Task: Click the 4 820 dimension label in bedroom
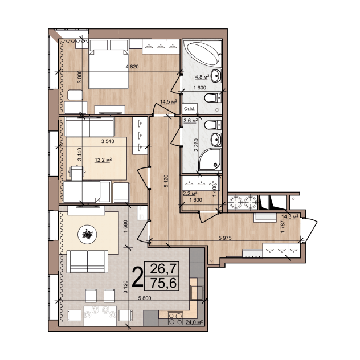pyautogui.click(x=132, y=67)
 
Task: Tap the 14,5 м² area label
pyautogui.click(x=168, y=101)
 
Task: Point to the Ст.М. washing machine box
pyautogui.click(x=190, y=109)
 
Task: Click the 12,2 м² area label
pyautogui.click(x=103, y=160)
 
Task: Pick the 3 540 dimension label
pyautogui.click(x=108, y=141)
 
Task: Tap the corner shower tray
pyautogui.click(x=210, y=159)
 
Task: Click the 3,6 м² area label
pyautogui.click(x=191, y=121)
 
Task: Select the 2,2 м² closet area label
pyautogui.click(x=190, y=193)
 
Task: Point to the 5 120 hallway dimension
pyautogui.click(x=166, y=181)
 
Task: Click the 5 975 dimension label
pyautogui.click(x=225, y=238)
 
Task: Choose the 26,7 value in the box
pyautogui.click(x=163, y=269)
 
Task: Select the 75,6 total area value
pyautogui.click(x=163, y=283)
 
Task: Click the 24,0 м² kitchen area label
pyautogui.click(x=194, y=322)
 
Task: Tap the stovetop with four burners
pyautogui.click(x=175, y=318)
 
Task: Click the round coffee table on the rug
pyautogui.click(x=87, y=235)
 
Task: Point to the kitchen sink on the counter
pyautogui.click(x=197, y=292)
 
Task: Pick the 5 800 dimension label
pyautogui.click(x=145, y=298)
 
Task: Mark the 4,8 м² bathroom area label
pyautogui.click(x=202, y=76)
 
